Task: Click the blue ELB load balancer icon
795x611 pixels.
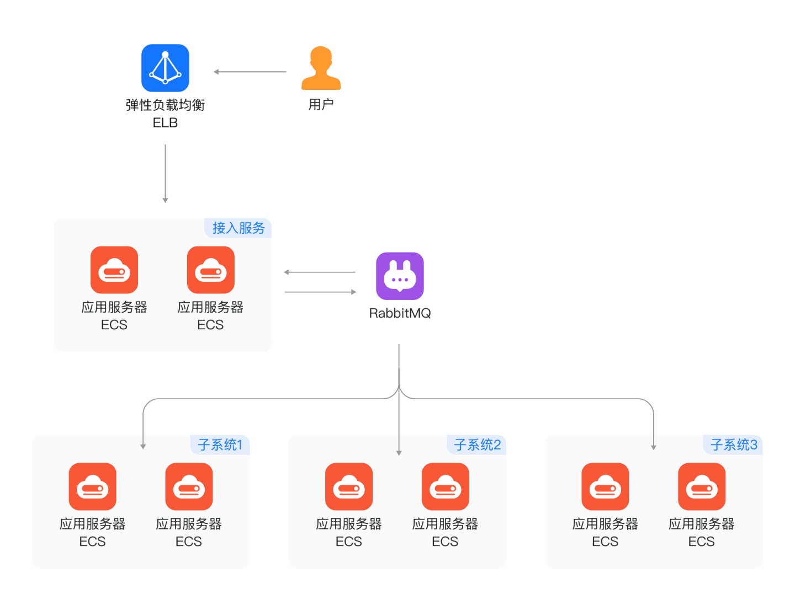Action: click(x=165, y=68)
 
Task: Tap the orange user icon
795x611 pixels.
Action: click(x=321, y=68)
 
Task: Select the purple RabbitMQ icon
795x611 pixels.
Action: click(x=400, y=276)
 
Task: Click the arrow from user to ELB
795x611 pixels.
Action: click(x=250, y=72)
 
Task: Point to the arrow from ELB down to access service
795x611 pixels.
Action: click(x=165, y=174)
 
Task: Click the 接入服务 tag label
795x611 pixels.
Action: click(x=239, y=228)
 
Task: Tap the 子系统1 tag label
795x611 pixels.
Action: click(x=220, y=444)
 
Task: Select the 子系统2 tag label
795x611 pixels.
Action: click(x=477, y=444)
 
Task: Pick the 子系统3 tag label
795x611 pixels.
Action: click(x=733, y=444)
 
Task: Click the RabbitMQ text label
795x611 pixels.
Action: click(x=400, y=313)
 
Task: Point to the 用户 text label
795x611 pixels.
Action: click(x=321, y=104)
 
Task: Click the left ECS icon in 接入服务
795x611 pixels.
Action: click(x=114, y=270)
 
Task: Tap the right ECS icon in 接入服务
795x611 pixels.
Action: click(x=210, y=270)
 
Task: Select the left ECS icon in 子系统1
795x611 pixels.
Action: click(x=93, y=486)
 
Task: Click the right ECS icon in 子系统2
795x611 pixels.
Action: click(x=445, y=486)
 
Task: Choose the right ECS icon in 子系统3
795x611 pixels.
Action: click(x=701, y=486)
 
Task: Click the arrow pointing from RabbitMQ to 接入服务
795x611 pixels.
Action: click(x=320, y=272)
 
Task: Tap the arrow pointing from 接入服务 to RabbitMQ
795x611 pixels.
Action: click(x=320, y=292)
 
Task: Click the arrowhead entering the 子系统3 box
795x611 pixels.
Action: click(x=654, y=447)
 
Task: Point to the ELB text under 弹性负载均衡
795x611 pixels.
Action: click(x=165, y=123)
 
